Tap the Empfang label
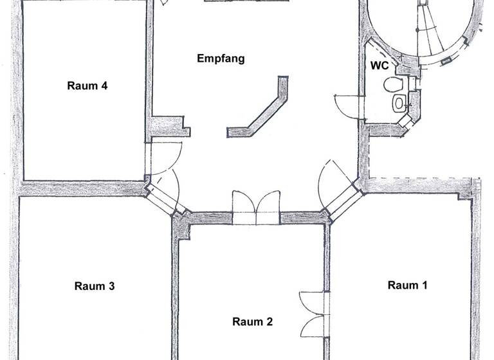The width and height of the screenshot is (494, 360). coord(221,59)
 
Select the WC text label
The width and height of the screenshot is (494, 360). coord(378,66)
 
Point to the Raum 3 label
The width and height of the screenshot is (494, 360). coord(94,286)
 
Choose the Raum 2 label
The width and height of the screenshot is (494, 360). coord(252,321)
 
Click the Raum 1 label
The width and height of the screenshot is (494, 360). coord(407,285)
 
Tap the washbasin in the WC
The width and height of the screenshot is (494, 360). coord(400,102)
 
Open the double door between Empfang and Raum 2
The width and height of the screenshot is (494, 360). coord(256,207)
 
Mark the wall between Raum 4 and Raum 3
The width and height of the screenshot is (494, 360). coord(80,188)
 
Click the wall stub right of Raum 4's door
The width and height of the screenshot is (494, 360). coord(169,126)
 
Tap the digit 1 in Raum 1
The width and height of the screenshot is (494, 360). coord(425,285)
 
